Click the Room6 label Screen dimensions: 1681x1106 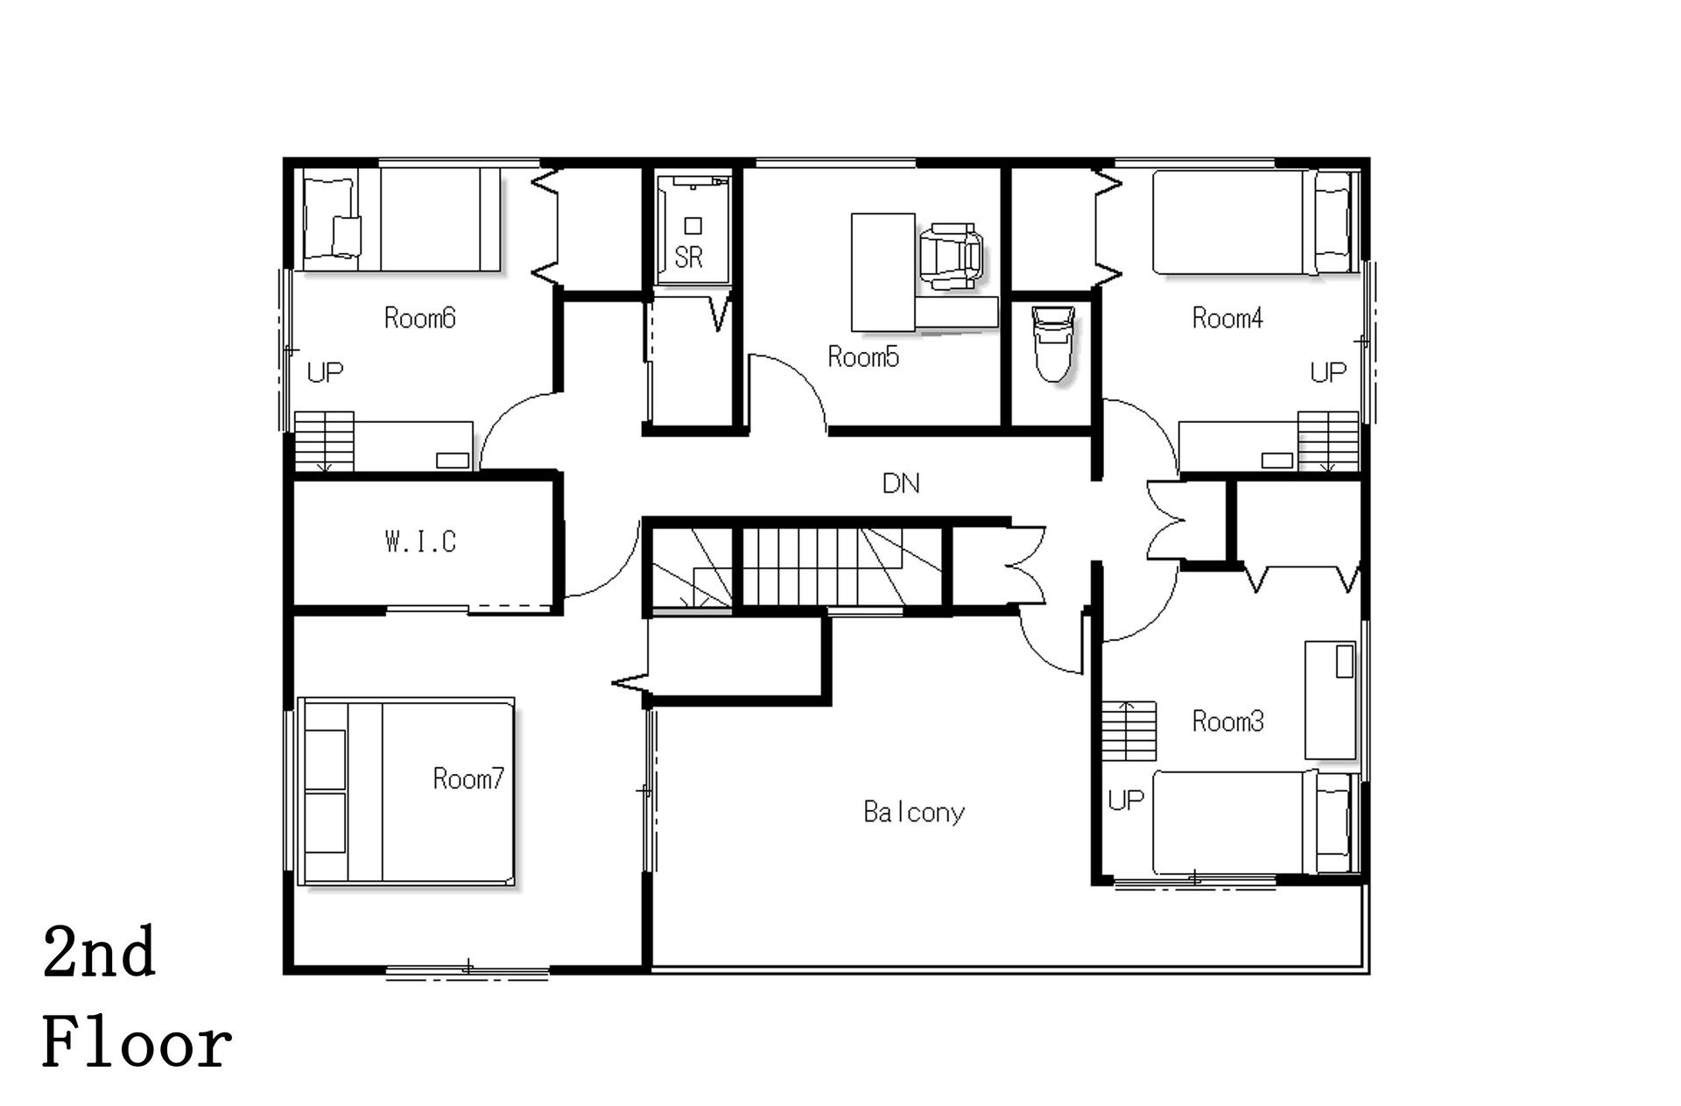point(420,318)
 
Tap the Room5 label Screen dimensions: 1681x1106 point(863,357)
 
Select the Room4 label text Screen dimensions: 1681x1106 point(1227,318)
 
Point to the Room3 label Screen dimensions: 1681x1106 point(1227,722)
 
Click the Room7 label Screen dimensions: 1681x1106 point(468,778)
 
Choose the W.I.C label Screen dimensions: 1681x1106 point(420,542)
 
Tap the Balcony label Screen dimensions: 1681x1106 point(914,813)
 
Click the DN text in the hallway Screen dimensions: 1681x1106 point(901,483)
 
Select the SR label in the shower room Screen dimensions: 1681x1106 point(689,257)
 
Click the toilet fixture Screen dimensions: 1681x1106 point(1052,344)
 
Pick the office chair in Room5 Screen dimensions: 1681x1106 point(951,255)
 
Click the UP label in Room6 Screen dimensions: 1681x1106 point(325,373)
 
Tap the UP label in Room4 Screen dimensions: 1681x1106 point(1328,373)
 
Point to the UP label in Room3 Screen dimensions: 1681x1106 point(1126,800)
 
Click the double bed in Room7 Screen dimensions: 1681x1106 point(406,792)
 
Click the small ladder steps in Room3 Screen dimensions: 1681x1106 point(1129,730)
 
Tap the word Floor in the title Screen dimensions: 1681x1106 point(137,1045)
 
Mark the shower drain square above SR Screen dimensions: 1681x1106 point(693,226)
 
